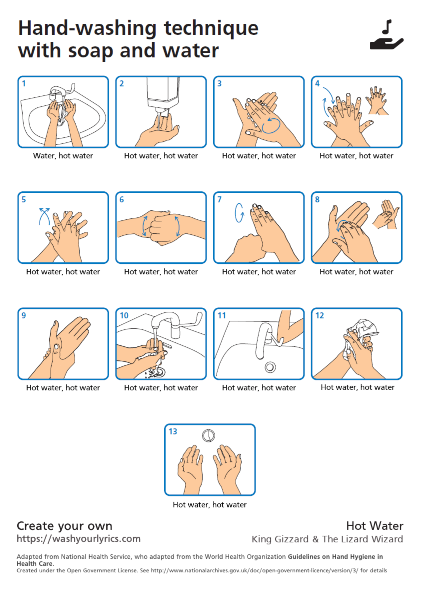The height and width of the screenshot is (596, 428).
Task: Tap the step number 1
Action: tap(24, 83)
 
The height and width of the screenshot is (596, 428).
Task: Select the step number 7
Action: tap(219, 199)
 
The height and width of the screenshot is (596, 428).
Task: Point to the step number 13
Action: tap(173, 431)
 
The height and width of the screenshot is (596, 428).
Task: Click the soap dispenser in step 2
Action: tap(163, 96)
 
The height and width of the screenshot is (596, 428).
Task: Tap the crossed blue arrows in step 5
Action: tap(44, 216)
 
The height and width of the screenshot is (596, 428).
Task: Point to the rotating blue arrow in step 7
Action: tap(239, 213)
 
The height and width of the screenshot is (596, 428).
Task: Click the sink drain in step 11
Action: tap(270, 367)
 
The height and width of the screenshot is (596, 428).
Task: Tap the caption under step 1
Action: tap(63, 156)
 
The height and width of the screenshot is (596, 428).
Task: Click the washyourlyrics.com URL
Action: tap(78, 539)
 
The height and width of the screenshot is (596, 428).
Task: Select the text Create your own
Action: tap(65, 526)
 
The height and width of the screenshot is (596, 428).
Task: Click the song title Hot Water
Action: tap(375, 526)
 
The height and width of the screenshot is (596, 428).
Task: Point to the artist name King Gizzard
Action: tap(280, 539)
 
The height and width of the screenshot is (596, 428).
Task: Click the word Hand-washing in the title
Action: tap(87, 28)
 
